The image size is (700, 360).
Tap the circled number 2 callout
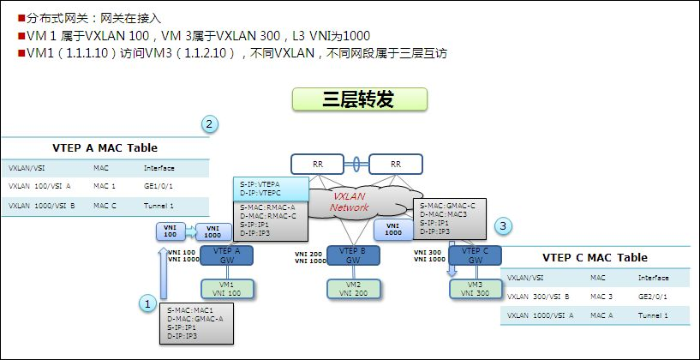(210, 124)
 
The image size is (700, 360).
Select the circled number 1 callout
(148, 303)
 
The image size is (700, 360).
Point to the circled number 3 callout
(505, 226)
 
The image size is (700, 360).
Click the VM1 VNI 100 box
(227, 289)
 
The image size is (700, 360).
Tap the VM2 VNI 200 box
(353, 289)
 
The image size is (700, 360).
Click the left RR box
(316, 164)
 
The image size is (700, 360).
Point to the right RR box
(395, 164)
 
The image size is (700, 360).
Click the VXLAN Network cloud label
(350, 202)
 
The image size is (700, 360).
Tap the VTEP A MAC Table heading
(105, 147)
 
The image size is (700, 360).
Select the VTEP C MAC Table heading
(595, 257)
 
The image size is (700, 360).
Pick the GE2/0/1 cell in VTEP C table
(654, 297)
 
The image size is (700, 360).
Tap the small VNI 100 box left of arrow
(169, 231)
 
